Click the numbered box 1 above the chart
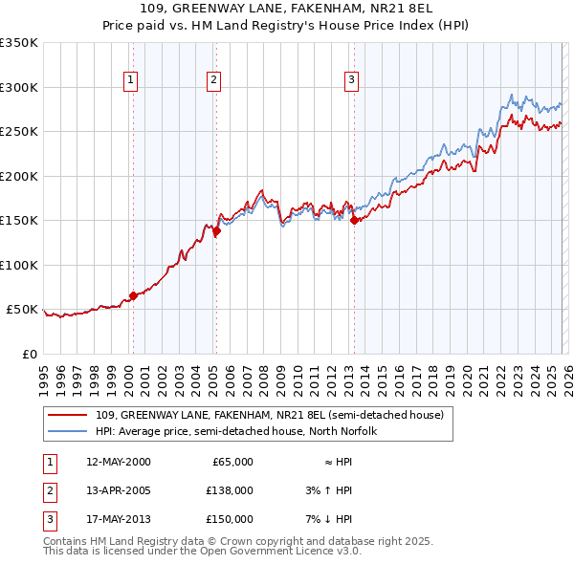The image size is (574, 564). (x=130, y=80)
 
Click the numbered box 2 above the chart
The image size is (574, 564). (x=213, y=80)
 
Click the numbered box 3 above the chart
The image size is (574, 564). (x=351, y=80)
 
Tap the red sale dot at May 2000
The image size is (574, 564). (x=133, y=295)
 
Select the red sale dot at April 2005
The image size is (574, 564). (x=217, y=230)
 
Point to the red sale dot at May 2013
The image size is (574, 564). (x=354, y=220)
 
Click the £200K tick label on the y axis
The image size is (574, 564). (x=18, y=176)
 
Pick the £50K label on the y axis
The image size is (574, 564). (x=22, y=310)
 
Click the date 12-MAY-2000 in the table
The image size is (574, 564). (x=119, y=462)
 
